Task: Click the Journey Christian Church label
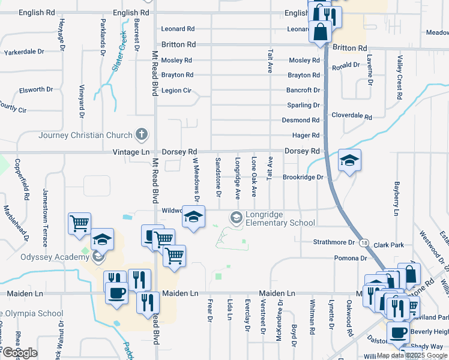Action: point(85,135)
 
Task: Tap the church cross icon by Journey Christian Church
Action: point(142,134)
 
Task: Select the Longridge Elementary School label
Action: point(279,223)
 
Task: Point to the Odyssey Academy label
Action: point(46,257)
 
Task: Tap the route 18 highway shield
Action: point(364,242)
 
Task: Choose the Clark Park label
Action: point(388,245)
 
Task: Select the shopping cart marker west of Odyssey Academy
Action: point(79,224)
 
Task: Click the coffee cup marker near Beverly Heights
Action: point(397,332)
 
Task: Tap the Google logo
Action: point(19,353)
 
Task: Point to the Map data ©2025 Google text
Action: point(412,355)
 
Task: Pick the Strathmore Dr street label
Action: point(334,242)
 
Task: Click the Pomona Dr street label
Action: point(351,258)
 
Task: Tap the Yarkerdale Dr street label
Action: point(25,52)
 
